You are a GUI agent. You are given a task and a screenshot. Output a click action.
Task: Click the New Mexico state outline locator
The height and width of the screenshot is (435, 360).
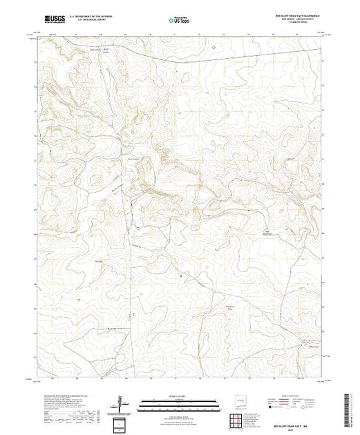[240, 398]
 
